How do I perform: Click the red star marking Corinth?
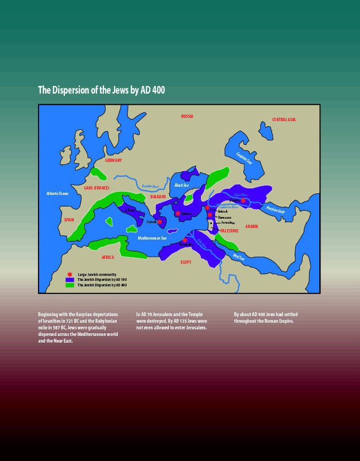(x=160, y=222)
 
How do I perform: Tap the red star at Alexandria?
(x=185, y=240)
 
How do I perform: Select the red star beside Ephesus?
(x=178, y=214)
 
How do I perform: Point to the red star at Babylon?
(x=243, y=200)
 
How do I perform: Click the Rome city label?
(x=131, y=210)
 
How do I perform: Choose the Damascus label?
(x=224, y=217)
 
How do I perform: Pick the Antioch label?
(x=222, y=211)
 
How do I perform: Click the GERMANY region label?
(x=113, y=160)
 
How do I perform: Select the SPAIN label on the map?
(x=69, y=219)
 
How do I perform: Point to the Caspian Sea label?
(x=243, y=158)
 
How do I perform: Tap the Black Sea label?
(x=182, y=185)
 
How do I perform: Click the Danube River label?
(x=150, y=187)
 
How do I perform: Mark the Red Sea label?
(x=238, y=256)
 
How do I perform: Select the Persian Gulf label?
(x=275, y=209)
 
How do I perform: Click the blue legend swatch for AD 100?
(x=70, y=280)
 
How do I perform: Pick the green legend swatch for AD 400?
(x=70, y=285)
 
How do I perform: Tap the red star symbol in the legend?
(x=69, y=274)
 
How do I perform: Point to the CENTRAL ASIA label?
(x=284, y=120)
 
